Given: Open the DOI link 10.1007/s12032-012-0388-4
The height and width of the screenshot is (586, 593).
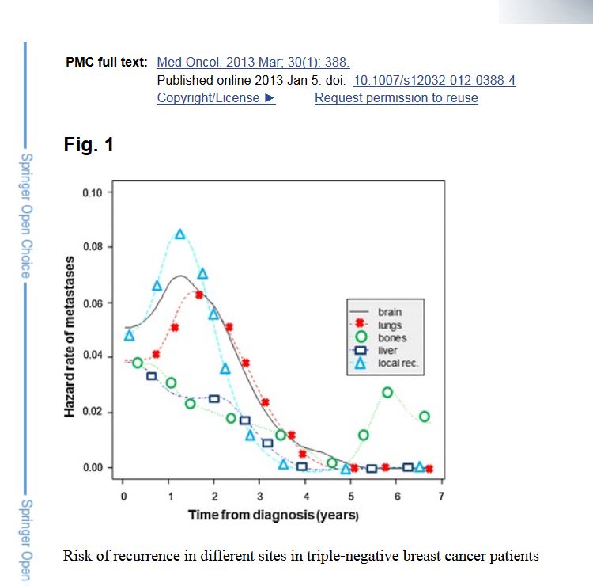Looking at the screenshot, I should coord(434,81).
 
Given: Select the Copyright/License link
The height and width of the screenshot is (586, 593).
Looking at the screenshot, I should coord(215,98).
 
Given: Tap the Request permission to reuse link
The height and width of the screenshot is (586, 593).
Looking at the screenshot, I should coord(396,98).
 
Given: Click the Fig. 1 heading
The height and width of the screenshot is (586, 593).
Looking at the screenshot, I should coord(89,145).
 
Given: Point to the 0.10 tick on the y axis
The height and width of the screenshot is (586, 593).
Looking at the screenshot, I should coord(93,192).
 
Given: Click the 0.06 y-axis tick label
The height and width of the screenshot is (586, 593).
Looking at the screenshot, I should coord(93,303).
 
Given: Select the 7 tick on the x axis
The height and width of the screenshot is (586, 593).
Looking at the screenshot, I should coord(441,496).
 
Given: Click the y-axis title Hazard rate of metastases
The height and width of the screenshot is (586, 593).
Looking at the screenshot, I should coord(70,337).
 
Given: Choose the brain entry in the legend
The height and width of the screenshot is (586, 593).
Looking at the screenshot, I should coord(390,312).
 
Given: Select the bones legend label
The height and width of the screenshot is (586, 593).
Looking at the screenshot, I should coord(392,337).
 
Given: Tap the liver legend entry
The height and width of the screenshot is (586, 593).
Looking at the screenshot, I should coord(387,350).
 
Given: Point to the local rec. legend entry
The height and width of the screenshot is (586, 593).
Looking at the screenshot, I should coord(398,363).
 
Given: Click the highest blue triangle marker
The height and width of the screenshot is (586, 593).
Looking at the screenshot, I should coord(180,234).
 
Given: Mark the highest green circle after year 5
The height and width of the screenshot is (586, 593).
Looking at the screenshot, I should coord(387,392).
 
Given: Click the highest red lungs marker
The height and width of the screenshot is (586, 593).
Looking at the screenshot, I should coord(200,295).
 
